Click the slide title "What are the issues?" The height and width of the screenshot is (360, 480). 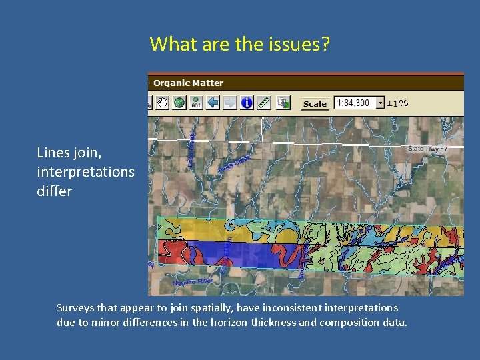[239, 45]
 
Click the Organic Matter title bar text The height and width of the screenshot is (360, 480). [189, 83]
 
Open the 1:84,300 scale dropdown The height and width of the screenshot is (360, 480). [381, 103]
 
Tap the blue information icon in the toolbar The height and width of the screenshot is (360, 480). [247, 103]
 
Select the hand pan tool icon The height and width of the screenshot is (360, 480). [162, 103]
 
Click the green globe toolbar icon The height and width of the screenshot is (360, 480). [179, 103]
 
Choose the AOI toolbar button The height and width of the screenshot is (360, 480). [196, 103]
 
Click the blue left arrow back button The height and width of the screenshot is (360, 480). [213, 103]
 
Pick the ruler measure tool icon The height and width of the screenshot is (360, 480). [264, 103]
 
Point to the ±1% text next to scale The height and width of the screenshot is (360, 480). [398, 103]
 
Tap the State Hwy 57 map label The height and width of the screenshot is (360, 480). [427, 149]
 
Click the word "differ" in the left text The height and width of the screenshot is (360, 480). [55, 191]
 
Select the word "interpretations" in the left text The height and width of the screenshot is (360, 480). [85, 172]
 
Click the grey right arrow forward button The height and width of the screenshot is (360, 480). [229, 103]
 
